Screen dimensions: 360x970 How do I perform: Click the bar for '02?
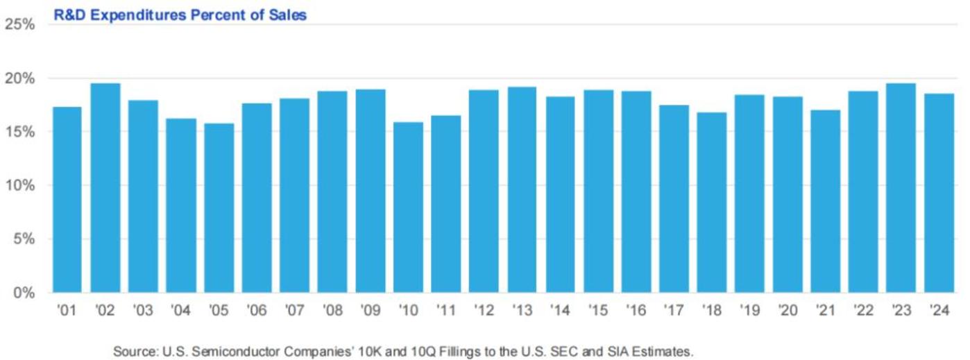[x=105, y=188]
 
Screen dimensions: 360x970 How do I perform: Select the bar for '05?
[x=219, y=208]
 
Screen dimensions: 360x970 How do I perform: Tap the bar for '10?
[x=409, y=207]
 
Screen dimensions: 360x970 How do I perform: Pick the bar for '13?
[x=522, y=189]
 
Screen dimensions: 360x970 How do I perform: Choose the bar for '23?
[x=901, y=188]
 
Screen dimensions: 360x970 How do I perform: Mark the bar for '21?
[x=825, y=201]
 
